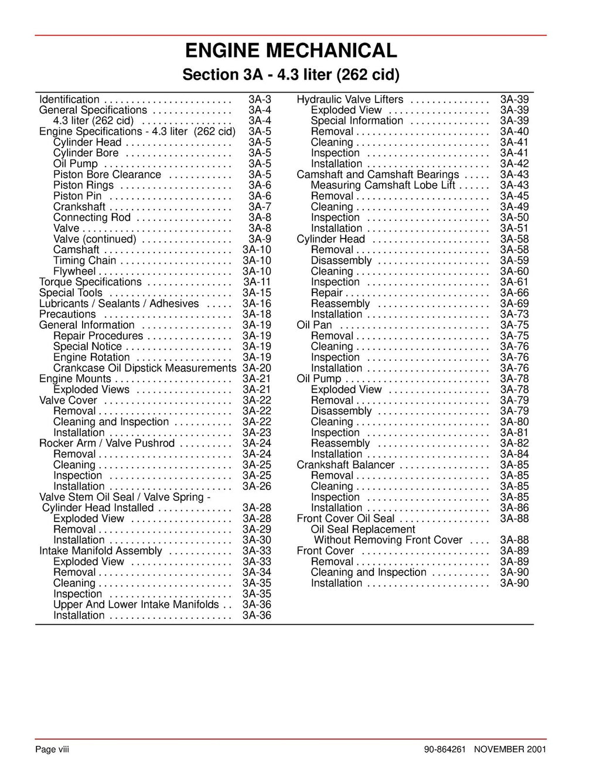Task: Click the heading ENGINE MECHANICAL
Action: point(291,51)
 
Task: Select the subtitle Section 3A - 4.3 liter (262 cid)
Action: point(291,75)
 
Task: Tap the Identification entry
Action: point(69,100)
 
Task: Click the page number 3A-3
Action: point(260,100)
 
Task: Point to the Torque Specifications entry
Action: point(90,282)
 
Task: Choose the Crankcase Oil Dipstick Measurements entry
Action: point(145,368)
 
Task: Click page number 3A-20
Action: point(257,368)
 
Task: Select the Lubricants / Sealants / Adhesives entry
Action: point(119,304)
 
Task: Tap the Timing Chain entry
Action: point(84,261)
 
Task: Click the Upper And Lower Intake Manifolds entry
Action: point(136,605)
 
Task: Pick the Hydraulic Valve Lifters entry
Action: point(350,100)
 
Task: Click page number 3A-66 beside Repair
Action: point(514,293)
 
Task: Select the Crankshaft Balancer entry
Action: point(346,465)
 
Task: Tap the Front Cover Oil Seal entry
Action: point(346,519)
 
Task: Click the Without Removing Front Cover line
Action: point(388,540)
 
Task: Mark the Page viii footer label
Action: point(52,749)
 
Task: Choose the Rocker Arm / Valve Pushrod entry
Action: point(107,444)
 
